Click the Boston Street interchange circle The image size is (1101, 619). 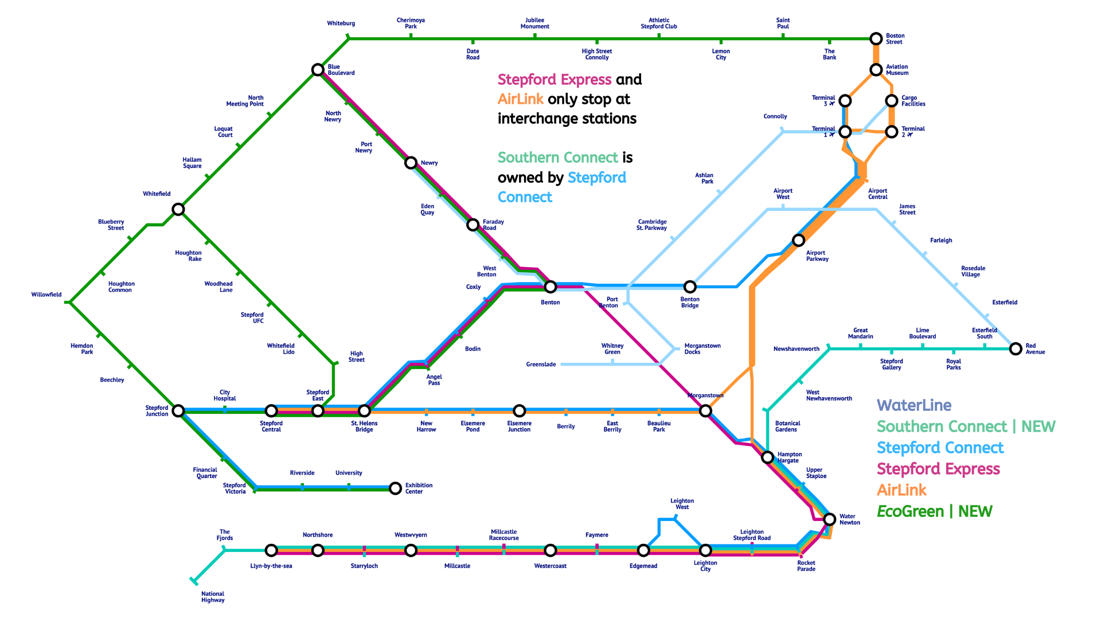coord(876,39)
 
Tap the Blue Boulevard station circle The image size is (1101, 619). coord(318,70)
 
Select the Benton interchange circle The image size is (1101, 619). coord(550,287)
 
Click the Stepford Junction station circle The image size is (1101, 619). coord(178,411)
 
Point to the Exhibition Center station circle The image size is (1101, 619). coord(395,488)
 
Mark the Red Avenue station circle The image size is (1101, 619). coord(1016,348)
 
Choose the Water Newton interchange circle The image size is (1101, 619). coord(829,519)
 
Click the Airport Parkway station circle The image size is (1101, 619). coord(798,240)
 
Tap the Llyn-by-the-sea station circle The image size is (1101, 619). coord(271,550)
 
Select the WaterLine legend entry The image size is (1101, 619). coord(914,406)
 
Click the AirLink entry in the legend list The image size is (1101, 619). coord(901,490)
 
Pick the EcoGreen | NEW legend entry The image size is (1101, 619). coord(934,511)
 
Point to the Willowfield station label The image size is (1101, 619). coord(46,295)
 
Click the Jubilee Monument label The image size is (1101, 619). coord(534,23)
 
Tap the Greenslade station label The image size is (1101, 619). coord(541,365)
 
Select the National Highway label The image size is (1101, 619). coord(213,597)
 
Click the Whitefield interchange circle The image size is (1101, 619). coord(178,209)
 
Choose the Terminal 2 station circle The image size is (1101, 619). coord(891,132)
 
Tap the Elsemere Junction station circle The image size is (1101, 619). coord(519,411)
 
